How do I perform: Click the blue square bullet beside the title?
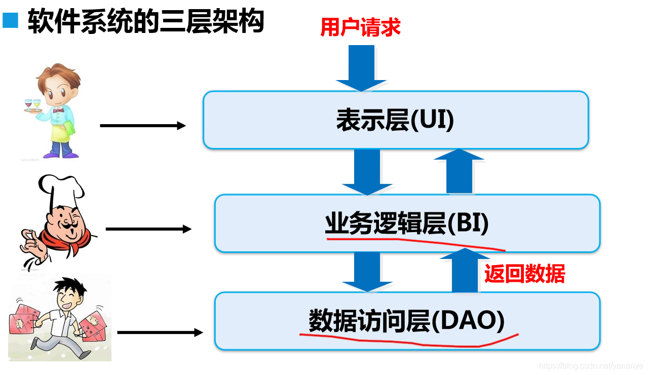pyautogui.click(x=10, y=21)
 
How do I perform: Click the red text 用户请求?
pyautogui.click(x=360, y=27)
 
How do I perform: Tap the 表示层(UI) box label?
pyautogui.click(x=395, y=121)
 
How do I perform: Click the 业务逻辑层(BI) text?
pyautogui.click(x=407, y=223)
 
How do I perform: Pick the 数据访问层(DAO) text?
pyautogui.click(x=407, y=321)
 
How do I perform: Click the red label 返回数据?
pyautogui.click(x=524, y=274)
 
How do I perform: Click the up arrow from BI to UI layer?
pyautogui.click(x=459, y=171)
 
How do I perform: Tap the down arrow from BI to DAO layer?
pyautogui.click(x=367, y=272)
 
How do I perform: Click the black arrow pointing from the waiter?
pyautogui.click(x=143, y=126)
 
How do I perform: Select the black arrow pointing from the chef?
pyautogui.click(x=148, y=229)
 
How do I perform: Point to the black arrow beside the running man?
pyautogui.click(x=160, y=333)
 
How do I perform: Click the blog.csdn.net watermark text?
pyautogui.click(x=591, y=366)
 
